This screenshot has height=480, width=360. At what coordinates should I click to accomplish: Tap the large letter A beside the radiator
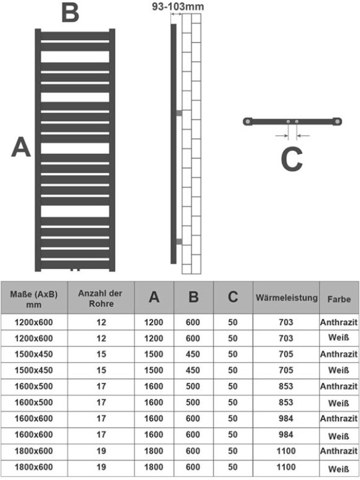tap(21, 147)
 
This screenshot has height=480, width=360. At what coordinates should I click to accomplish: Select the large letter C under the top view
tap(292, 160)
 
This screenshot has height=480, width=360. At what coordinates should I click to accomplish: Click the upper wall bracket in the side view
tap(178, 112)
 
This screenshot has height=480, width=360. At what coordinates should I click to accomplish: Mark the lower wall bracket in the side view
tap(178, 241)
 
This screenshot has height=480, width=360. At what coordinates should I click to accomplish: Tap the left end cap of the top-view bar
tap(247, 122)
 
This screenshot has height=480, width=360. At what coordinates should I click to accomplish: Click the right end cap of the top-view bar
tap(338, 122)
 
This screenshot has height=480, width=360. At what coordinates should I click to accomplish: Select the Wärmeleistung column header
tap(286, 298)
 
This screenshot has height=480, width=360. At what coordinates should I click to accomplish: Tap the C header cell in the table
tap(233, 297)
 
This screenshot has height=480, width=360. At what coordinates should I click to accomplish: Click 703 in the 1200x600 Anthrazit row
tap(286, 322)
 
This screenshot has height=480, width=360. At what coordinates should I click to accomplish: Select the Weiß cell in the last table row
tap(339, 467)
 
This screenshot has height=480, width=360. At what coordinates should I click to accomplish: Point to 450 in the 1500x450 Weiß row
tap(193, 370)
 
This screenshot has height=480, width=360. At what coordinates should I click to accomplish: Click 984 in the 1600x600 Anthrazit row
tap(286, 418)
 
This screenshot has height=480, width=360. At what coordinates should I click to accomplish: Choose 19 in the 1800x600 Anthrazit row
tap(101, 451)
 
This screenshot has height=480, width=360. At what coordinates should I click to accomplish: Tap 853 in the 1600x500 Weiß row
tap(286, 403)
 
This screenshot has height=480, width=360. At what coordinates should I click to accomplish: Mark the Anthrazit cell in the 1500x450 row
tap(339, 354)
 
